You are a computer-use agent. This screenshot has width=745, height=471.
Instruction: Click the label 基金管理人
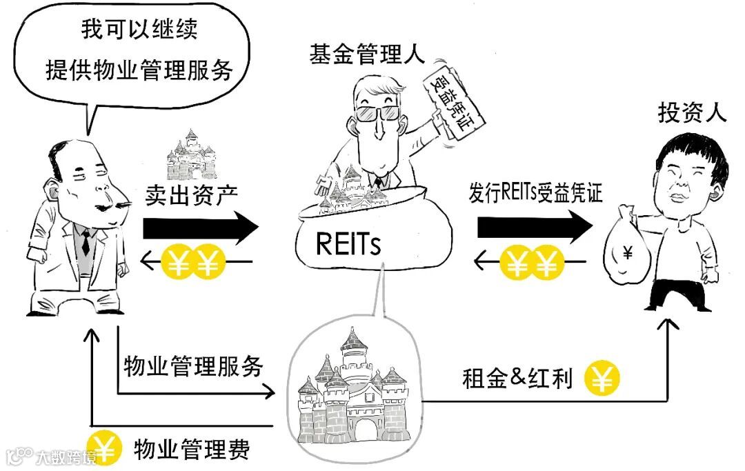[366, 55]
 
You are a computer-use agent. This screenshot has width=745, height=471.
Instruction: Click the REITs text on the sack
[348, 243]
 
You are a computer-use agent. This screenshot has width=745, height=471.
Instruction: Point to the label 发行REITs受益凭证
[535, 193]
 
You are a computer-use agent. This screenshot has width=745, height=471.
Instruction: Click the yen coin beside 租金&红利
[602, 378]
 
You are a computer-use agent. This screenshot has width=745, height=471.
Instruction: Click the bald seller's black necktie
[86, 241]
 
